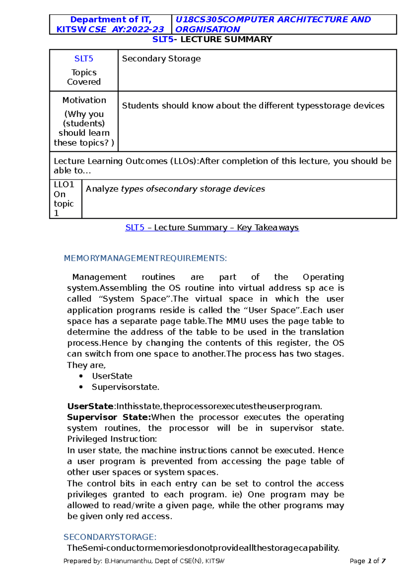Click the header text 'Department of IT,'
coord(111,19)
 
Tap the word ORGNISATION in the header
coord(207,29)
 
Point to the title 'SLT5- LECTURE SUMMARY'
coord(212,39)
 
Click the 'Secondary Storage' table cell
coord(161,59)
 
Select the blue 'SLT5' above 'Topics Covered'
coord(84,59)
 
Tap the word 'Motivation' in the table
coord(84,100)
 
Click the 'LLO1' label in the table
coord(64,184)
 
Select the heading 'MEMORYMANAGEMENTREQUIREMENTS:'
coord(145,258)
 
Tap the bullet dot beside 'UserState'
coord(81,376)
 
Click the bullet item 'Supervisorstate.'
coord(125,387)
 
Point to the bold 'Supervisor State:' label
coord(109,417)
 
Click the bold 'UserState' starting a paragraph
coord(90,406)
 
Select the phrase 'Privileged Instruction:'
coord(112,439)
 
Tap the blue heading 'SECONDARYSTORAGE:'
coord(110,537)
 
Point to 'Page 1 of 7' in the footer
coord(368,561)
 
